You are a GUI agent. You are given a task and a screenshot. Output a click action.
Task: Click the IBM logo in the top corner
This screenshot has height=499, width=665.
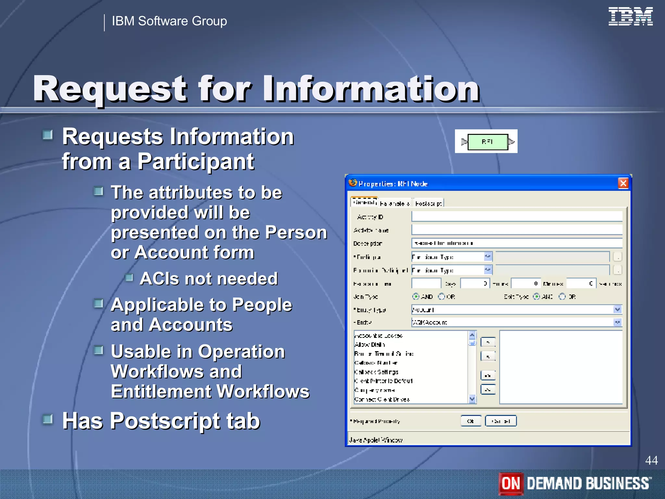[x=630, y=17]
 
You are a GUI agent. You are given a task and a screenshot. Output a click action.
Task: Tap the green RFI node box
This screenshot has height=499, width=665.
[x=488, y=142]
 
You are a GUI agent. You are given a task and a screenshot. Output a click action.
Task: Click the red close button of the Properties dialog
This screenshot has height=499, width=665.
[x=623, y=184]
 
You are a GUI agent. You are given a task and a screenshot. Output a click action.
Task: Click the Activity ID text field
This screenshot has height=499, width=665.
[x=516, y=217]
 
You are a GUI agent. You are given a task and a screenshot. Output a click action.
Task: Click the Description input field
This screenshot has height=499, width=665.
[x=516, y=243]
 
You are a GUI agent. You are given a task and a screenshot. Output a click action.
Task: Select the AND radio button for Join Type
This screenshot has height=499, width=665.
[x=416, y=297]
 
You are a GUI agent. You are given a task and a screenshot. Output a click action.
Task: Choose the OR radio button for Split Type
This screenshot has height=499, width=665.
[x=562, y=297]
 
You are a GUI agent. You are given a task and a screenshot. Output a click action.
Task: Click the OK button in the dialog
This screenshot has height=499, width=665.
[x=471, y=421]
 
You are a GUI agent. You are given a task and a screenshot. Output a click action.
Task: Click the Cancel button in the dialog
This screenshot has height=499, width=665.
[x=500, y=421]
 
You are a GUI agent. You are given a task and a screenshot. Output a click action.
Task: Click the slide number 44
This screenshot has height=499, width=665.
[x=651, y=460]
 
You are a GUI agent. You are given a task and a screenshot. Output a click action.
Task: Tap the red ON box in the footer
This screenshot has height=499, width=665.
[x=511, y=483]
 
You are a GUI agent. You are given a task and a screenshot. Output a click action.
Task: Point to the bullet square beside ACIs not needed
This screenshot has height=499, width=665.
[x=129, y=278]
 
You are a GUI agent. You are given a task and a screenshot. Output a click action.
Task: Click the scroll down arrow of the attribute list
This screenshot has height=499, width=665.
[x=472, y=399]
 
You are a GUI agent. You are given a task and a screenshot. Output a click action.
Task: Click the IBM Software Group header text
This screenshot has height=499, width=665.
[x=169, y=21]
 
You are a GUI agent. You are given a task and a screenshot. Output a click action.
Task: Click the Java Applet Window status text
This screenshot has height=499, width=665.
[x=376, y=440]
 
